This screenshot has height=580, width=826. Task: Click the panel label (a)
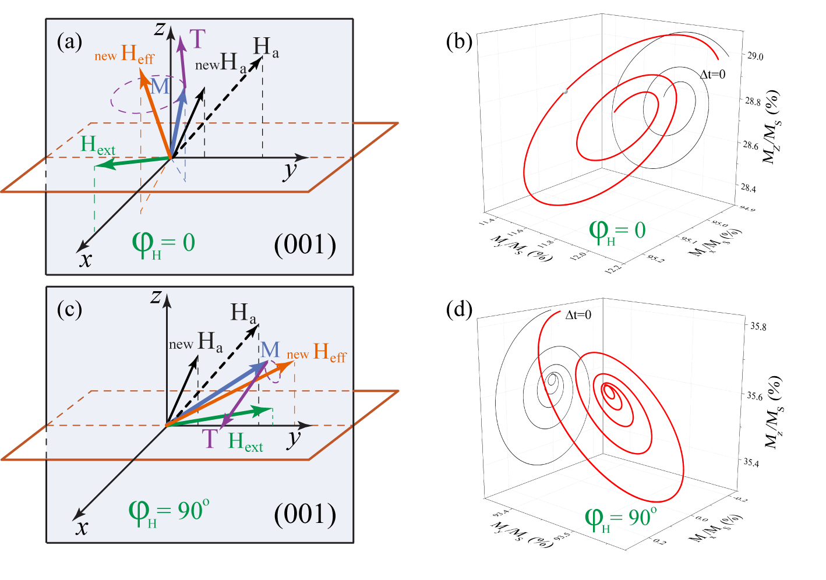(x=70, y=42)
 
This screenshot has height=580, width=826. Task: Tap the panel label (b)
(x=459, y=42)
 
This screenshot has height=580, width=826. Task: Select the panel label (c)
(x=70, y=310)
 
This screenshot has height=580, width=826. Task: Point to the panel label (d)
(x=459, y=310)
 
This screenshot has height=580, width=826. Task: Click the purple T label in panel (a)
(x=197, y=40)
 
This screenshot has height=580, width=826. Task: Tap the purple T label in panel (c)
(x=210, y=438)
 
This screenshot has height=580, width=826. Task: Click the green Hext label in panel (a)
(x=98, y=145)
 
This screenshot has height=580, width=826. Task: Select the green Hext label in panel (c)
(x=245, y=442)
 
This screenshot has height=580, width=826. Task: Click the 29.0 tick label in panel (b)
(x=756, y=56)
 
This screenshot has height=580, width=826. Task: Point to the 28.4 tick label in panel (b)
(x=749, y=188)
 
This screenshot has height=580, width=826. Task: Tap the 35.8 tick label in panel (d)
(x=758, y=326)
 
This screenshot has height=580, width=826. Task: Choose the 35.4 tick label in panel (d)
(x=752, y=462)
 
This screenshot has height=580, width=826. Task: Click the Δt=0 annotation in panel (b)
(x=712, y=75)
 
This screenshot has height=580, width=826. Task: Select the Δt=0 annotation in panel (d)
(x=578, y=315)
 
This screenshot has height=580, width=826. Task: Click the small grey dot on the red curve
(x=565, y=91)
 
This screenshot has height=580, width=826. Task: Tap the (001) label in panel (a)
(x=305, y=245)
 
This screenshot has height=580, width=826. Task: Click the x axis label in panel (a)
(x=86, y=259)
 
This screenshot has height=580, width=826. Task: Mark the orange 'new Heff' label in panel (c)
(x=317, y=353)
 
